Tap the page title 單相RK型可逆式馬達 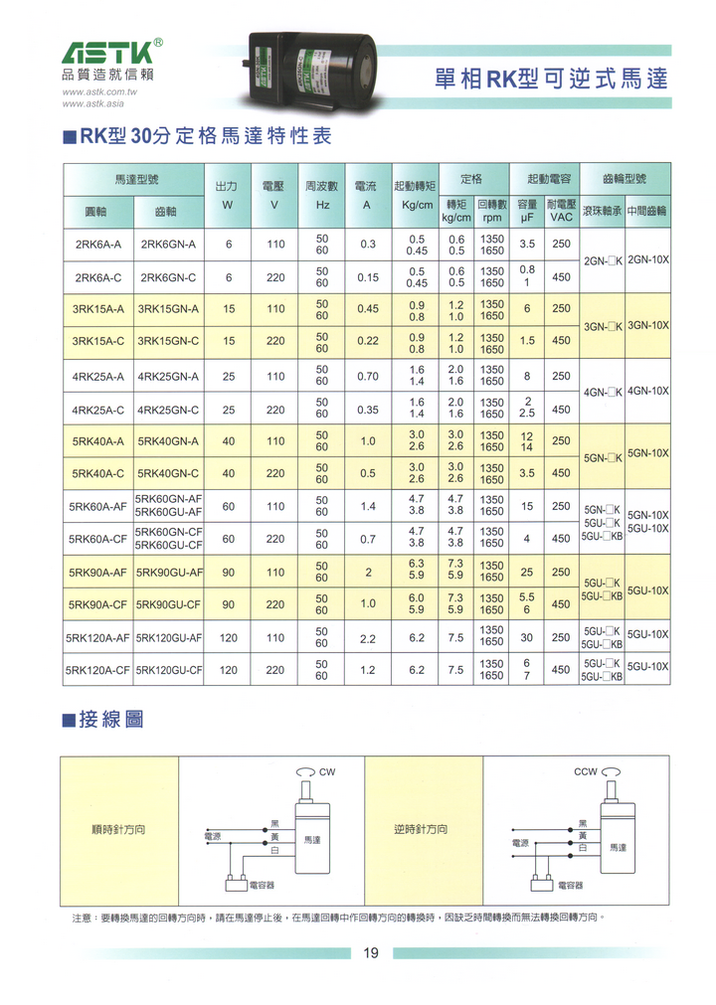pos(552,79)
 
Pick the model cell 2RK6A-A pos(98,245)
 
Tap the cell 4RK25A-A pos(98,377)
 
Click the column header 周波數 pos(322,186)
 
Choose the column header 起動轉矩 pos(416,186)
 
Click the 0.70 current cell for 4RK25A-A pos(368,377)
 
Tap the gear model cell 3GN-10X pos(648,325)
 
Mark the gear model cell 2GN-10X pos(648,259)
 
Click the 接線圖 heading pos(110,718)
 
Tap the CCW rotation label pos(586,771)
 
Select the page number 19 pos(370,953)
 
